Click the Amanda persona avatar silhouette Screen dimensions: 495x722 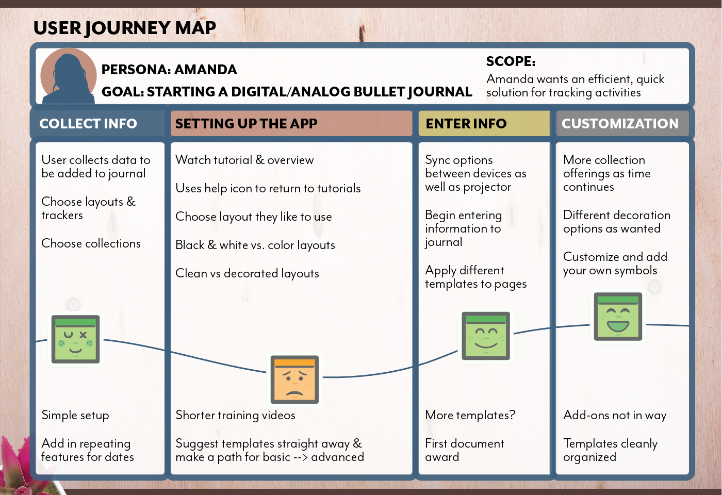pyautogui.click(x=68, y=76)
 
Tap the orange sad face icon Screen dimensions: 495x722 pyautogui.click(x=294, y=379)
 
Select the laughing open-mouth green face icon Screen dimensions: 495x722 pyautogui.click(x=618, y=317)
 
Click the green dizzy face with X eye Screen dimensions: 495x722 pyautogui.click(x=75, y=339)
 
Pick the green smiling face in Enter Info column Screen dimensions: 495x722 pyautogui.click(x=486, y=336)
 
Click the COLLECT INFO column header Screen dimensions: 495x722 pyautogui.click(x=88, y=124)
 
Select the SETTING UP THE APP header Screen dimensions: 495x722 pyautogui.click(x=246, y=124)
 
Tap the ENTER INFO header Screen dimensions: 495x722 pyautogui.click(x=466, y=124)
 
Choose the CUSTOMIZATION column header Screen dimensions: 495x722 pyautogui.click(x=620, y=124)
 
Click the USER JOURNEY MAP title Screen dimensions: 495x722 pyautogui.click(x=125, y=28)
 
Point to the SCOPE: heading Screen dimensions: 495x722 pyautogui.click(x=511, y=61)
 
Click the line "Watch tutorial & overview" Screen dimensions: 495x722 pyautogui.click(x=244, y=160)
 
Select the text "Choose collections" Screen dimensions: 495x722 pyautogui.click(x=91, y=243)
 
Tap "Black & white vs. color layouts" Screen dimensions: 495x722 pyautogui.click(x=255, y=245)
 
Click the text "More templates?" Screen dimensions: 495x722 pyautogui.click(x=470, y=415)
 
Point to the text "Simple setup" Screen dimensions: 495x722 pyautogui.click(x=75, y=415)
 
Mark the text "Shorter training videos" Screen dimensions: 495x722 pyautogui.click(x=235, y=415)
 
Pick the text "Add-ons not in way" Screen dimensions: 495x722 pyautogui.click(x=615, y=415)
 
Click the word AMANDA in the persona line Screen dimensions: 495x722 pyautogui.click(x=206, y=70)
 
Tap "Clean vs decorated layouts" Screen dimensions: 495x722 pyautogui.click(x=247, y=273)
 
